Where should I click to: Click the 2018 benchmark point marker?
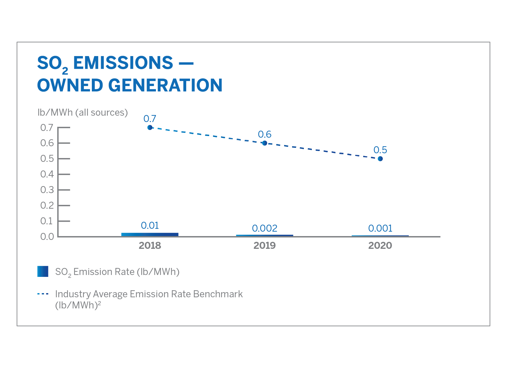point(150,127)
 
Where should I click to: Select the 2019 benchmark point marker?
point(265,143)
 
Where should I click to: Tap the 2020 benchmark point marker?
point(380,159)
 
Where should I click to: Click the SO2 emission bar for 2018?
point(150,235)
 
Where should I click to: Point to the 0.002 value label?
point(265,228)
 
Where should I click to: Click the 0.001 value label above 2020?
point(380,228)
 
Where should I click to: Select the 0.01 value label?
point(150,225)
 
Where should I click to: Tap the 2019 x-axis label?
point(265,245)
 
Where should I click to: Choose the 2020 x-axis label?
point(380,245)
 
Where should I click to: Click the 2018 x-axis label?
point(150,245)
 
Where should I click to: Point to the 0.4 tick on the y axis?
point(64,174)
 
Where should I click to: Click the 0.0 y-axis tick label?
point(47,237)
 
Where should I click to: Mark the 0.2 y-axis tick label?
point(47,206)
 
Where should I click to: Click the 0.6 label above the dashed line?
point(265,134)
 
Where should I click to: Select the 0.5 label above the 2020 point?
point(380,150)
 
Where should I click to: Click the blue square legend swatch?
point(43,271)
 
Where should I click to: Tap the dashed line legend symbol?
point(43,294)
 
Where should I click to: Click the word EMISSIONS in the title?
point(123,63)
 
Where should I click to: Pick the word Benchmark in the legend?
point(218,294)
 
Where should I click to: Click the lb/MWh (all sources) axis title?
point(83,112)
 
